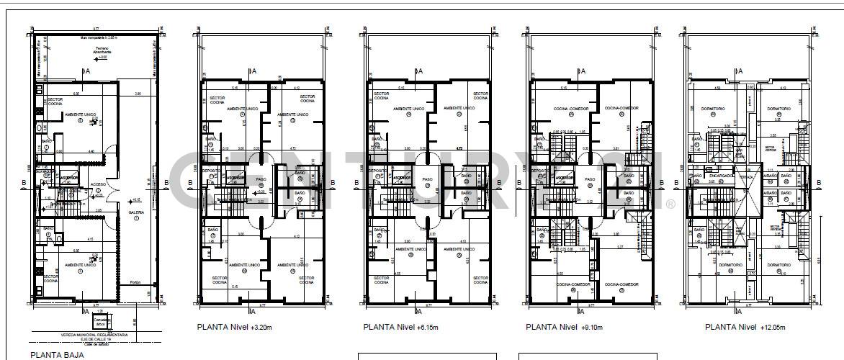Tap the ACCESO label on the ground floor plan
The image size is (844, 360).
click(x=98, y=184)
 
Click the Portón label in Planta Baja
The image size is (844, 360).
click(x=135, y=282)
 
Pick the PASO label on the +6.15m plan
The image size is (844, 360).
click(x=427, y=179)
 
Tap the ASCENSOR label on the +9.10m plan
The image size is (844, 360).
click(x=560, y=177)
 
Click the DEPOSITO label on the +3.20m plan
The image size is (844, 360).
click(x=210, y=171)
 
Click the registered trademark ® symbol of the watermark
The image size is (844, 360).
click(x=670, y=204)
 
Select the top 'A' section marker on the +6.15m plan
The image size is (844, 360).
click(x=420, y=71)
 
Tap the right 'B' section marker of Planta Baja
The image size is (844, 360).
click(x=166, y=183)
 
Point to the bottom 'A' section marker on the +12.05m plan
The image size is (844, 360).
click(x=738, y=312)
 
